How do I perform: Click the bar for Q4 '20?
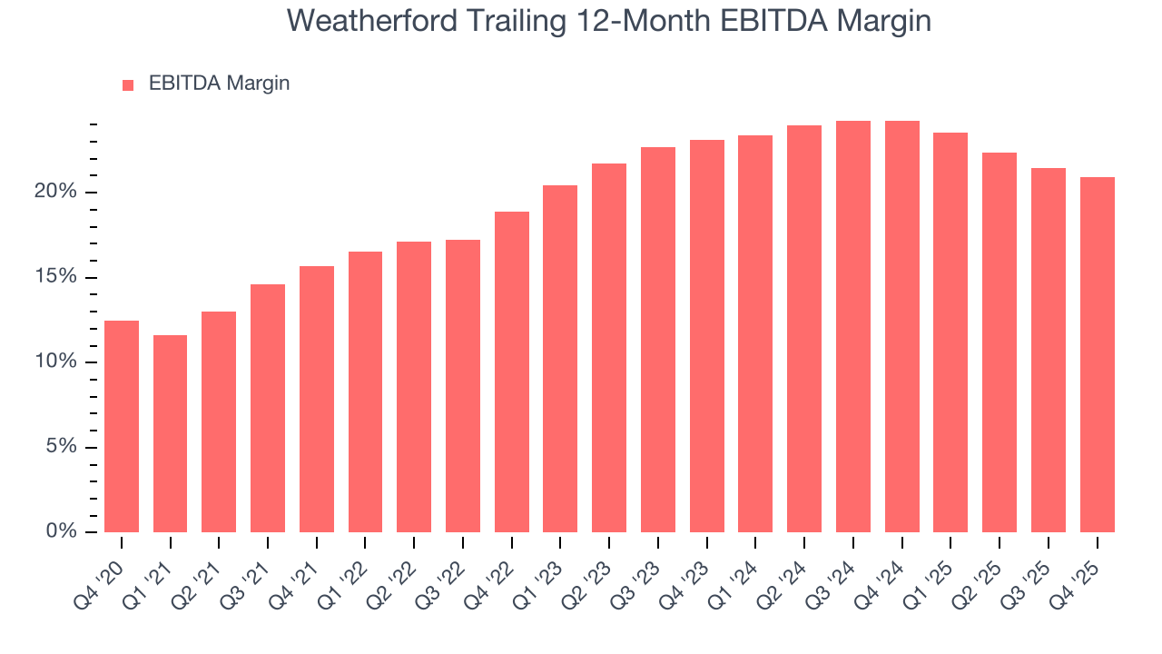click(122, 426)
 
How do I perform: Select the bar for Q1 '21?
click(170, 433)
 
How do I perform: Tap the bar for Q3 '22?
click(463, 386)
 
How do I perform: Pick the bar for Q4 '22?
click(512, 372)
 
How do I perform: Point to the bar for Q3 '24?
click(853, 326)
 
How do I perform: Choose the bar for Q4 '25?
click(1098, 354)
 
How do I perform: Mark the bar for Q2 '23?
click(609, 348)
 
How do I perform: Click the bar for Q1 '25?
click(950, 332)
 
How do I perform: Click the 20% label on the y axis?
click(56, 193)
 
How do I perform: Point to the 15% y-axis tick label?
click(56, 277)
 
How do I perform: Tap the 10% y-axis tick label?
click(56, 362)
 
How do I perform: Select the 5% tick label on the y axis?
click(61, 447)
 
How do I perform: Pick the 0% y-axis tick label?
click(61, 531)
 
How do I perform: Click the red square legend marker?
click(128, 84)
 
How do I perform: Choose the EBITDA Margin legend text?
click(219, 84)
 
